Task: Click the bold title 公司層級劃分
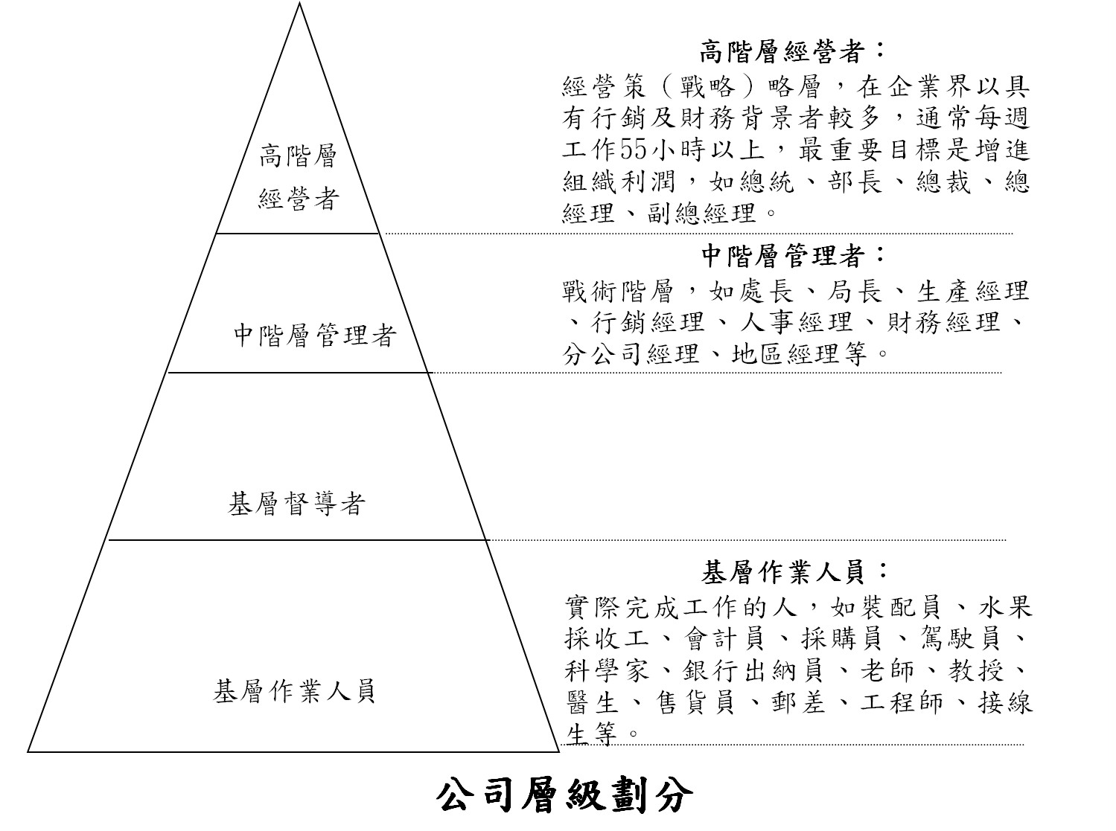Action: click(564, 795)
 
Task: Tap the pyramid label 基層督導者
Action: click(296, 504)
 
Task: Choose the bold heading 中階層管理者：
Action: click(794, 256)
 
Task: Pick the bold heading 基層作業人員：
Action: click(794, 572)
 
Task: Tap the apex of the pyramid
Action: click(299, 2)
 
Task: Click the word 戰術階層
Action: click(619, 291)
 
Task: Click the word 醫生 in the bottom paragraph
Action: click(592, 702)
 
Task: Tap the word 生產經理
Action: click(973, 291)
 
